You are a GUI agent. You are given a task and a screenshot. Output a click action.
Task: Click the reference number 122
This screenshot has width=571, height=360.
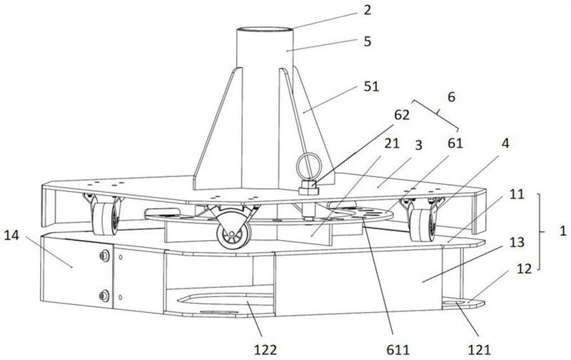point(266,350)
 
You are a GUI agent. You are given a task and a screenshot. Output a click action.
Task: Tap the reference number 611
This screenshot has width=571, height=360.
point(398,350)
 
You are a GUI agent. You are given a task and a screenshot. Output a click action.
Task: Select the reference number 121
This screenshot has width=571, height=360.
point(479,350)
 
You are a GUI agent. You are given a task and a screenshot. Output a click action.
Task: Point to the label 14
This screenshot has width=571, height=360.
point(11,235)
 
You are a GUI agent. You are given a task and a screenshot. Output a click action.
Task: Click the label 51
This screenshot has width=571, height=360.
point(371,86)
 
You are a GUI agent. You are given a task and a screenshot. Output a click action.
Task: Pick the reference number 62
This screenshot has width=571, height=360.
point(402,115)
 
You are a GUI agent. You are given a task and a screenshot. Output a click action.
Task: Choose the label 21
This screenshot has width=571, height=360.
point(392,143)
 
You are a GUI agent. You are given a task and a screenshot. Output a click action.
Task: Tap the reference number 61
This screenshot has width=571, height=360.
point(455,143)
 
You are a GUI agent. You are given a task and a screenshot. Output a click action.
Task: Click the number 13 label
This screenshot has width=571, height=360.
point(517,242)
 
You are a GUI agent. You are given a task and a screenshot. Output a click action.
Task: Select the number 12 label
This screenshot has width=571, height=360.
point(524,269)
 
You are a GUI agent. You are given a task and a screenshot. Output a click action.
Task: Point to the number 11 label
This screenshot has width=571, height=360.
point(516,194)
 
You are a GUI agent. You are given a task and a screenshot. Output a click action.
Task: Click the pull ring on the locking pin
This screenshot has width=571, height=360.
point(309,164)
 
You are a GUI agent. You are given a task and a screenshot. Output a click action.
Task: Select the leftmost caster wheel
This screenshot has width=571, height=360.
point(105,219)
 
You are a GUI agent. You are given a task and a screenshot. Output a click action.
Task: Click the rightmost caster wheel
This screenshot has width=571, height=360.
point(422,225)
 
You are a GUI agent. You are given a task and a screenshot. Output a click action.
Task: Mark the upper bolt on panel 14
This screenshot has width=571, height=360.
point(104,256)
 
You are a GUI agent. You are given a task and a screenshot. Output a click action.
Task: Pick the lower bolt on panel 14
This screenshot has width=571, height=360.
point(104,296)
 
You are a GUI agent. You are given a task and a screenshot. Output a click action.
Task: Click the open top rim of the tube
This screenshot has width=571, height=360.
point(265,30)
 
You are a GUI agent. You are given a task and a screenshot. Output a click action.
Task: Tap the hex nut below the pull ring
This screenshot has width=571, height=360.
point(308,190)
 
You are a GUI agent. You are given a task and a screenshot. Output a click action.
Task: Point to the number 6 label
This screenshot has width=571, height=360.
point(451,97)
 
